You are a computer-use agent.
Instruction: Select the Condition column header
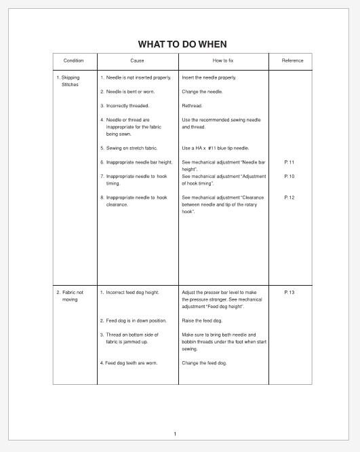[73, 61]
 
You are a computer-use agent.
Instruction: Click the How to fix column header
[224, 61]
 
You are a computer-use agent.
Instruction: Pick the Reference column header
[292, 61]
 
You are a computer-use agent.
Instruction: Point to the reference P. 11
[289, 162]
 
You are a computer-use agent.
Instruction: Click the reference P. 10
[289, 176]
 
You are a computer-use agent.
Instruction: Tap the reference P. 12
[289, 197]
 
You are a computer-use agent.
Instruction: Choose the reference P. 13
[289, 292]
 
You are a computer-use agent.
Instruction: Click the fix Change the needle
[202, 92]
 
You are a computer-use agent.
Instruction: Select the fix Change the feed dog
[204, 363]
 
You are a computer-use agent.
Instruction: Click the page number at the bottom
[175, 434]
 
